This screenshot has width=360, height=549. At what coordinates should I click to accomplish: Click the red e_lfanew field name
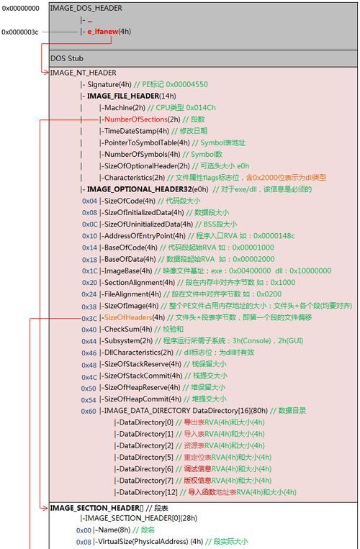[x=103, y=32]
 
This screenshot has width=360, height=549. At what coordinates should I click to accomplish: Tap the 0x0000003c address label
[x=20, y=32]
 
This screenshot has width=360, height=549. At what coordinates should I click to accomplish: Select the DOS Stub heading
[x=67, y=58]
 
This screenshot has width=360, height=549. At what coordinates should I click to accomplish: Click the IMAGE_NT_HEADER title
[x=83, y=73]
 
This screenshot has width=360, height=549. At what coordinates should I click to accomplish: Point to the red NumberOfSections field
[x=136, y=119]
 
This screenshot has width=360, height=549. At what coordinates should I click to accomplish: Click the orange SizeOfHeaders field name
[x=128, y=317]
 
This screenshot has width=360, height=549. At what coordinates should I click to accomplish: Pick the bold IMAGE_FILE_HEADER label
[x=123, y=96]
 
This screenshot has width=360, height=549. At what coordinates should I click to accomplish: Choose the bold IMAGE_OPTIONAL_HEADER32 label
[x=140, y=189]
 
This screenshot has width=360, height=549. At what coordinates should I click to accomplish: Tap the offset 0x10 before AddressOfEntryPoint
[x=89, y=236]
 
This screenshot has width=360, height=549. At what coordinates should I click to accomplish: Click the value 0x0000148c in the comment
[x=274, y=236]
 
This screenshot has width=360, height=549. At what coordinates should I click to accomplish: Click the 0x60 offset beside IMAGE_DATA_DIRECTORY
[x=89, y=411]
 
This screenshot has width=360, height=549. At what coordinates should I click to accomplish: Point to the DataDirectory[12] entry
[x=148, y=492]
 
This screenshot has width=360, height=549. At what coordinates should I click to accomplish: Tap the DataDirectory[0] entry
[x=146, y=422]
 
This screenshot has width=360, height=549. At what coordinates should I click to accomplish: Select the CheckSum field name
[x=122, y=329]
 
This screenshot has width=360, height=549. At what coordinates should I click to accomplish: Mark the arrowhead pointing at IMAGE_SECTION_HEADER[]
[x=46, y=508]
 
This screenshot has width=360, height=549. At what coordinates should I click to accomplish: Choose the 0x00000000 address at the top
[x=21, y=9]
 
